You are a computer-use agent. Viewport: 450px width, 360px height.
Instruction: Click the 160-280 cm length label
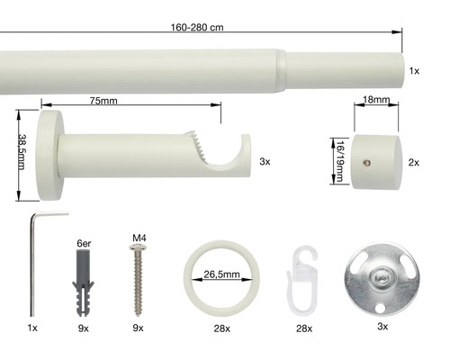[x=197, y=28]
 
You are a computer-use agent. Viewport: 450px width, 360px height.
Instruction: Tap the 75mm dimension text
[x=103, y=101]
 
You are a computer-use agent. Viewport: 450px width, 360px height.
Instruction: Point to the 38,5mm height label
[x=22, y=152]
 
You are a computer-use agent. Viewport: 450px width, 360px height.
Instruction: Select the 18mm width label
[x=376, y=100]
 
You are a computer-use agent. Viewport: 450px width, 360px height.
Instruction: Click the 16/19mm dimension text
[x=339, y=161]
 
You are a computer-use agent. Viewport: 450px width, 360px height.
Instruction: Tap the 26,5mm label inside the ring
[x=221, y=274]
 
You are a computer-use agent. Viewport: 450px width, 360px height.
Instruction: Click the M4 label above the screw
[x=139, y=238]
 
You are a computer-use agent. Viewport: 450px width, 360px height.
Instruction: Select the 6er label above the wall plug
[x=84, y=243]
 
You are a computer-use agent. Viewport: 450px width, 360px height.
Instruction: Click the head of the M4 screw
[x=138, y=247]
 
